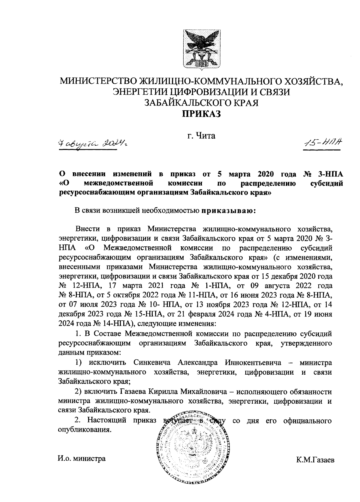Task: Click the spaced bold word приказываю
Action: pyautogui.click(x=228, y=211)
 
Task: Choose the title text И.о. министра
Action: pyautogui.click(x=82, y=459)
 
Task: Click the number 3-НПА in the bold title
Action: pyautogui.click(x=329, y=174)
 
